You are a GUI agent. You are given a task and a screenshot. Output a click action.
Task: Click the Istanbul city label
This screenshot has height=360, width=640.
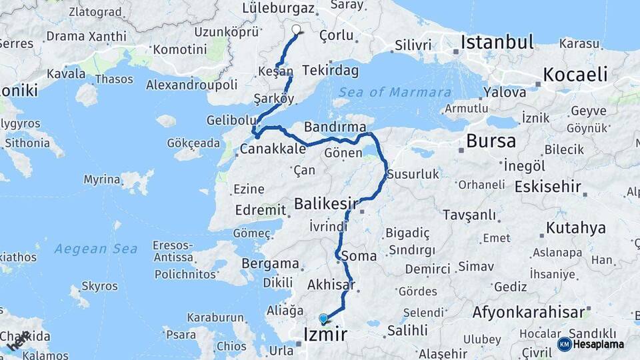497,43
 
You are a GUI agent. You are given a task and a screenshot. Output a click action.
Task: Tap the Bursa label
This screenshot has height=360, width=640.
491,141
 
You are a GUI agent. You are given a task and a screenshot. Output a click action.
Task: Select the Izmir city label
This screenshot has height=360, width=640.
325,334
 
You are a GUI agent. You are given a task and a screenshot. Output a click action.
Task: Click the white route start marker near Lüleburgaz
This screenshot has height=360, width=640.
297,29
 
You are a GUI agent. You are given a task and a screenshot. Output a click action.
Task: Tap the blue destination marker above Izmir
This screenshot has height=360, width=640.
323,319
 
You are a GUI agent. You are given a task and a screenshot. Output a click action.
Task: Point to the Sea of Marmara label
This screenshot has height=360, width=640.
395,92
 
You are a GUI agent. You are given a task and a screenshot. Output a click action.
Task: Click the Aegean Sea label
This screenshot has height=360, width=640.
96,249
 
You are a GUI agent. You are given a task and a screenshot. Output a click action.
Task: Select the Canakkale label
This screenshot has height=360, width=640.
273,149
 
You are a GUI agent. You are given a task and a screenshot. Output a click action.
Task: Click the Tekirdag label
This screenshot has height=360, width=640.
330,70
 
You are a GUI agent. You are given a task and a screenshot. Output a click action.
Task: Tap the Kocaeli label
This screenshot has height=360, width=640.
575,74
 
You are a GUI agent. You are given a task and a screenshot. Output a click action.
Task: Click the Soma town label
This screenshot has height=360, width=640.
358,255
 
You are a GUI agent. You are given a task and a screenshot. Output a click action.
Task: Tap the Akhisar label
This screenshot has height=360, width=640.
331,285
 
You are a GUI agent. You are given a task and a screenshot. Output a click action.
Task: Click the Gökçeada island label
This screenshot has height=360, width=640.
193,143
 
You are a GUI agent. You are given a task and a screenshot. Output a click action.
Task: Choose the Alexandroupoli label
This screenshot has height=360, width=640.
192,85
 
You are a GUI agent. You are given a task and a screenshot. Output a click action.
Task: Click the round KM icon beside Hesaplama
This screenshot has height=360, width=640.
564,344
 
